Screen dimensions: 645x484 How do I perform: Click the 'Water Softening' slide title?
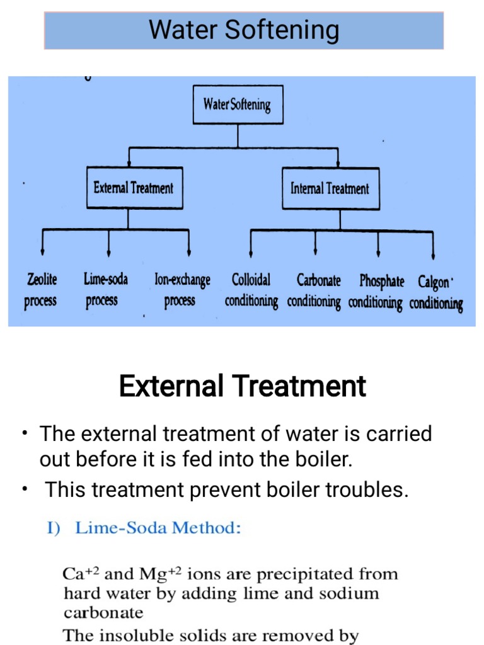[x=243, y=30]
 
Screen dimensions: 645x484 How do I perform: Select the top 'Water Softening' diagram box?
[x=237, y=105]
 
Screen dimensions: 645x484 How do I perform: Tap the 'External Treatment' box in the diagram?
[x=134, y=188]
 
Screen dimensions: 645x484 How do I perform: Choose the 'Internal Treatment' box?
[x=330, y=188]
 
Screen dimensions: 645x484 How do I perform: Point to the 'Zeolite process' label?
[x=41, y=290]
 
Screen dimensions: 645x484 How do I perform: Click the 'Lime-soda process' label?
[x=105, y=290]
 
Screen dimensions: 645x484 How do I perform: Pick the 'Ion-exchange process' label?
[x=182, y=290]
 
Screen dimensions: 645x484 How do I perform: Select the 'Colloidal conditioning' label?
[x=251, y=290]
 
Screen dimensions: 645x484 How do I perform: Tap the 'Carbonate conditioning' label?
[x=314, y=291]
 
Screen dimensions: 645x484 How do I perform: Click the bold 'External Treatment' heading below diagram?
[x=242, y=386]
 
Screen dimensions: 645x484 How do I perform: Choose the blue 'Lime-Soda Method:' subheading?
[x=157, y=528]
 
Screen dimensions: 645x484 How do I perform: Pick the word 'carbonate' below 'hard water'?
[x=103, y=612]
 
